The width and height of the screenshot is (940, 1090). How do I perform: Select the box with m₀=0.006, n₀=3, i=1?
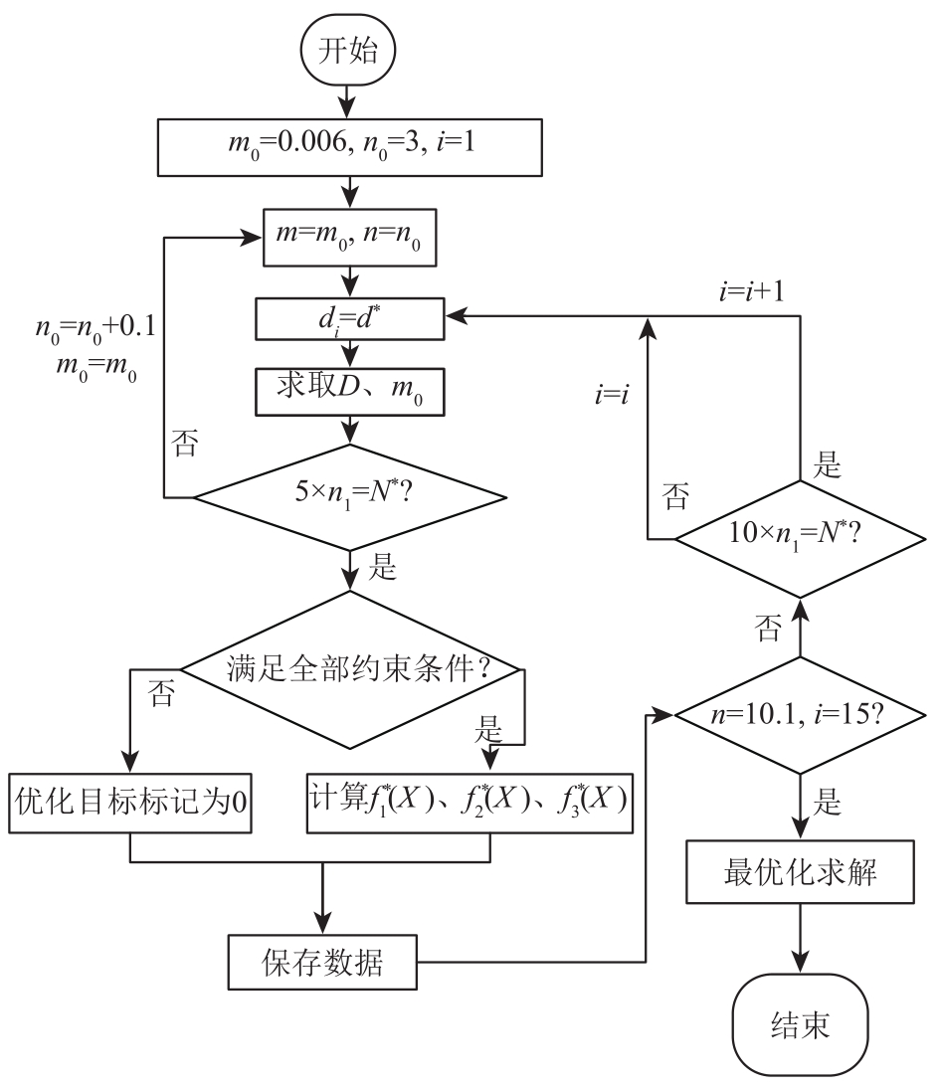348,150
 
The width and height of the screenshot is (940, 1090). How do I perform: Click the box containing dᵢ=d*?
348,318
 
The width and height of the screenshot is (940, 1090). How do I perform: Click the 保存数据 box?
323,962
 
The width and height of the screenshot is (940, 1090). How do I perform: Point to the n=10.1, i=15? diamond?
800,714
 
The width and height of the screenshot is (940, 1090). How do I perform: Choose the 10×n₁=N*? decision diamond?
800,538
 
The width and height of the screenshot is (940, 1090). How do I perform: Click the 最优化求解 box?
800,873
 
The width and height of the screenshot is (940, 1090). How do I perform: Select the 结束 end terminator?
800,1024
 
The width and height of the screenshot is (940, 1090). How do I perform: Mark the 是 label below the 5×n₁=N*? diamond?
383,570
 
